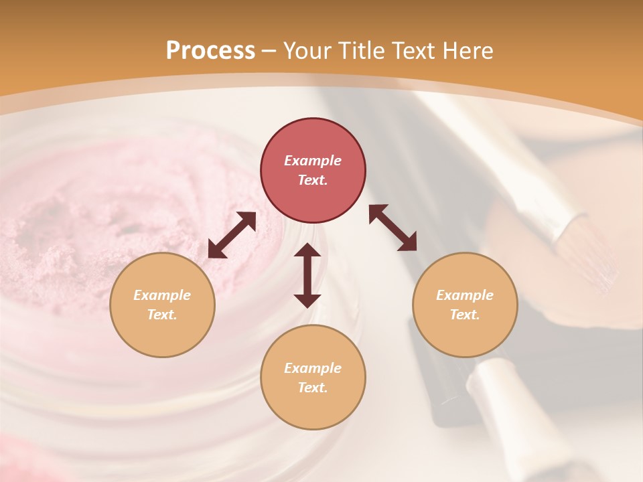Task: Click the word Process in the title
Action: pos(210,51)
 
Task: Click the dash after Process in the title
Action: pos(269,52)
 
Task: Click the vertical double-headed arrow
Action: pos(307,275)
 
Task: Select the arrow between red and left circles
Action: pos(232,235)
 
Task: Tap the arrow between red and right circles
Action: pos(392,228)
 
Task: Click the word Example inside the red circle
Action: pos(313,161)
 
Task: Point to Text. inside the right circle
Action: pos(465,315)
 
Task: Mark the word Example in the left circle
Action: pos(162,295)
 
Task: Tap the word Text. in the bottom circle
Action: pos(313,388)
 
